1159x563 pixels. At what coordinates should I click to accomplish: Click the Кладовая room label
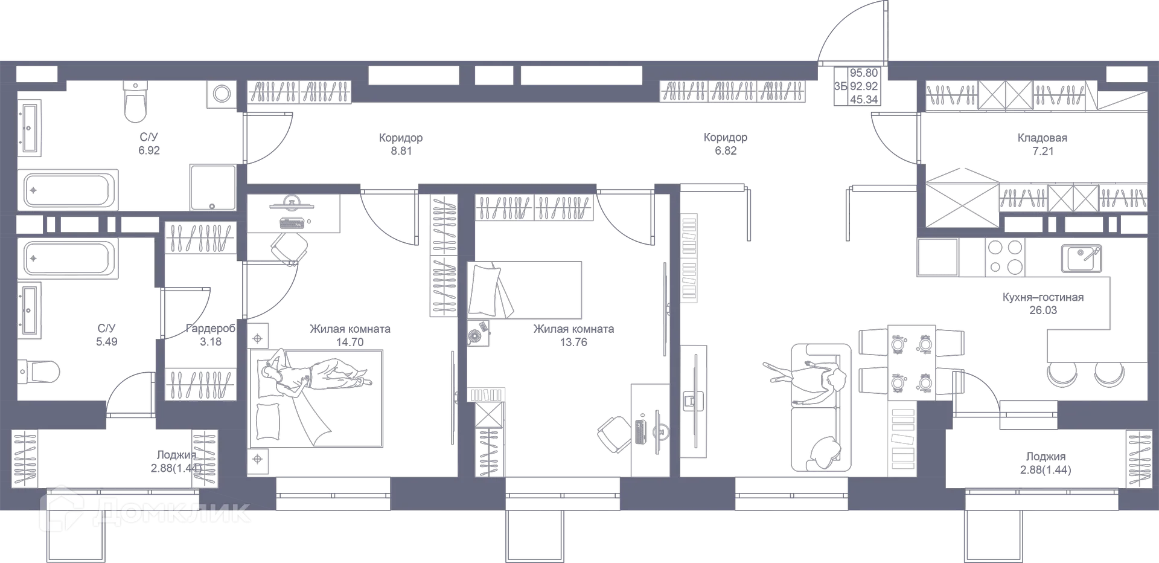tap(1042, 138)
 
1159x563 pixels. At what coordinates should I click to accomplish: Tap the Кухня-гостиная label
tap(1042, 297)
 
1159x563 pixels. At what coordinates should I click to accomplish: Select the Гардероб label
tap(210, 329)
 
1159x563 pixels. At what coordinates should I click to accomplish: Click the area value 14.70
tap(350, 342)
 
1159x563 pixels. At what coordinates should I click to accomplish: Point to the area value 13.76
tap(573, 342)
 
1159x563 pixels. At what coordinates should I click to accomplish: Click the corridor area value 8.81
tap(401, 150)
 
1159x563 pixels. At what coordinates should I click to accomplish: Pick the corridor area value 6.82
tap(725, 150)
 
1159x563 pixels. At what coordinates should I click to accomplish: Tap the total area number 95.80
tap(863, 73)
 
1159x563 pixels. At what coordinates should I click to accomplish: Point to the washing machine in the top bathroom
tap(222, 94)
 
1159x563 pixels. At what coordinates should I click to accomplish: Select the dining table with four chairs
tap(911, 362)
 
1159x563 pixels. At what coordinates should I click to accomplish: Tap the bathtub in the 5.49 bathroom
tap(68, 258)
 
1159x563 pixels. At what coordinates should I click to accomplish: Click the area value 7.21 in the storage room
tap(1042, 150)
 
